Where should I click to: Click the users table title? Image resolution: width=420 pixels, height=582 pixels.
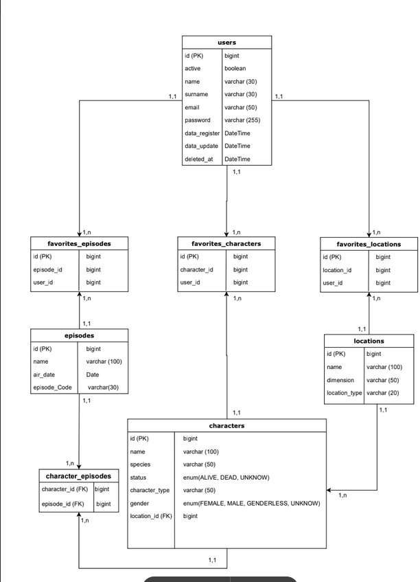(x=226, y=43)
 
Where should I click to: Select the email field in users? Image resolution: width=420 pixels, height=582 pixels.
(x=192, y=107)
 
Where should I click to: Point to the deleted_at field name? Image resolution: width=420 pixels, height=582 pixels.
(x=198, y=159)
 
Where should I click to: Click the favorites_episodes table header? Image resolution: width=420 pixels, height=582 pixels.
(x=80, y=244)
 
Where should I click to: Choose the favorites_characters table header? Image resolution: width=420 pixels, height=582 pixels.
(x=226, y=243)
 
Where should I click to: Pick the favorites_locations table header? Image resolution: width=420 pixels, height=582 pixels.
(x=369, y=244)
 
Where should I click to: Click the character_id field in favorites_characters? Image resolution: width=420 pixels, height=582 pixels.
(x=197, y=270)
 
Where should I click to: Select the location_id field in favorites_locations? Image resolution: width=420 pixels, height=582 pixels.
(x=338, y=270)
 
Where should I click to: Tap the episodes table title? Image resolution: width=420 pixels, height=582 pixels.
(x=80, y=336)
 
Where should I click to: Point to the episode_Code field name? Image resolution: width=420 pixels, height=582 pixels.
(x=53, y=388)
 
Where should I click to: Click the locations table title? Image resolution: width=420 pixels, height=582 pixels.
(x=369, y=341)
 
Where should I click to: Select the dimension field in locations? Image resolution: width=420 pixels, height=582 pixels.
(x=340, y=380)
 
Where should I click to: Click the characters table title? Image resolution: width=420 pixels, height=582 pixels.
(x=226, y=426)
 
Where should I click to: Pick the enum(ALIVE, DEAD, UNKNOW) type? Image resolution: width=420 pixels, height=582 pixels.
(x=226, y=478)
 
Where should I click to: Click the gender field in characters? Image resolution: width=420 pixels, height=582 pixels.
(x=141, y=503)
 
